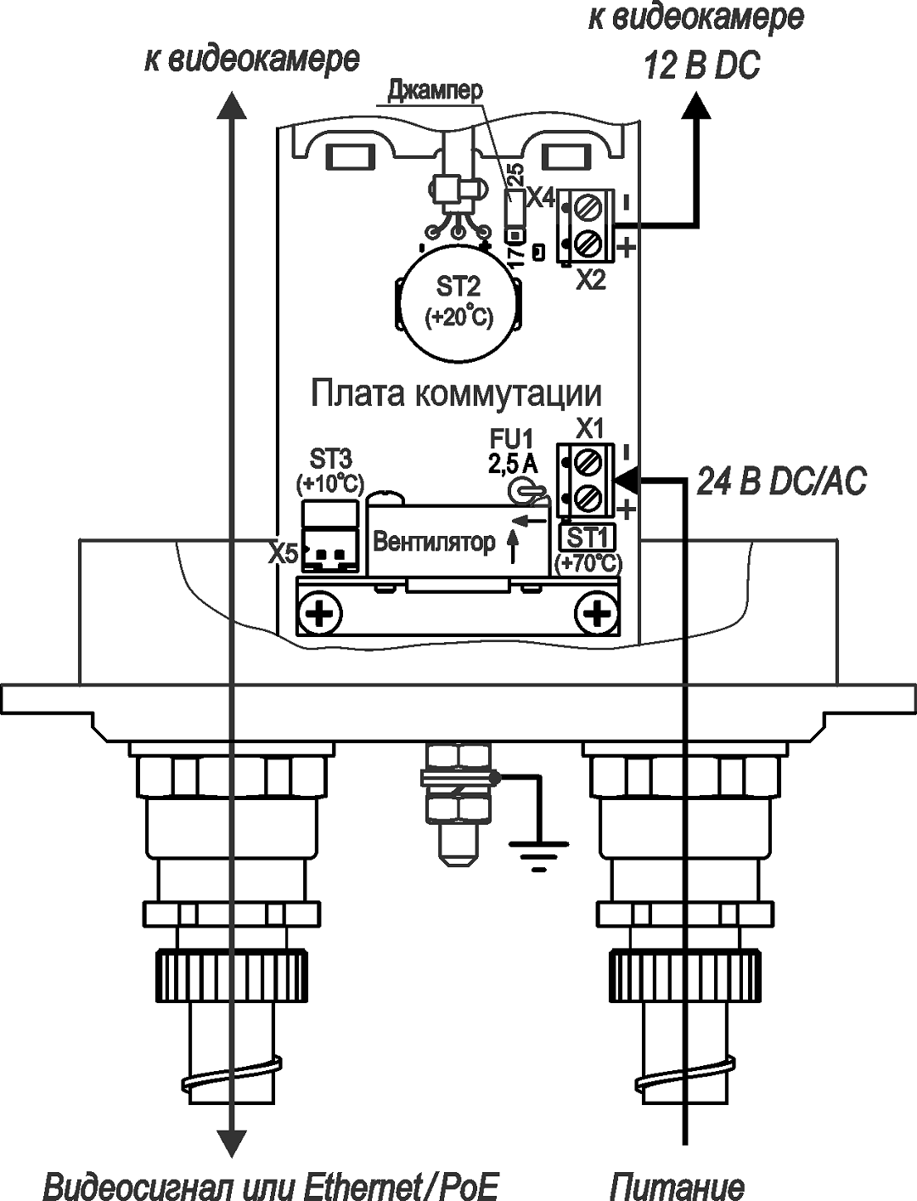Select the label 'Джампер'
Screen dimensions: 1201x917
(435, 91)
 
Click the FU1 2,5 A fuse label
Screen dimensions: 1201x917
(512, 451)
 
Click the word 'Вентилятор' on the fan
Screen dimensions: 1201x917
(434, 542)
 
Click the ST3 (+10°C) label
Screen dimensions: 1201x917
(330, 471)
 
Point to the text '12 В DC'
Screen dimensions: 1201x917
(701, 65)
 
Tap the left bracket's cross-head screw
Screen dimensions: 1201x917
(320, 613)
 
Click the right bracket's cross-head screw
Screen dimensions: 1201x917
(597, 613)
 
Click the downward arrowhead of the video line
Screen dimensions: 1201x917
(231, 1142)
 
